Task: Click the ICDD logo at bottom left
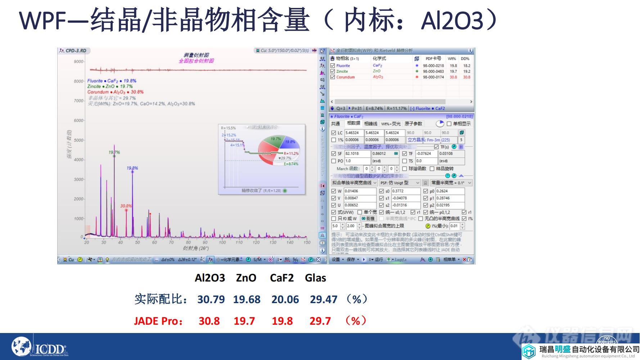(x=40, y=347)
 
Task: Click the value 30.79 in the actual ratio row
(x=211, y=299)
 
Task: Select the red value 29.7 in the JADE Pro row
(x=320, y=321)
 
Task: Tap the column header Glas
(x=315, y=278)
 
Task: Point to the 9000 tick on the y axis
(x=78, y=62)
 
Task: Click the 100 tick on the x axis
(x=222, y=243)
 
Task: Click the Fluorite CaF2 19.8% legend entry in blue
(x=112, y=81)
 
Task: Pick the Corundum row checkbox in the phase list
(x=333, y=77)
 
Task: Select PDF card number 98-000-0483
(x=433, y=71)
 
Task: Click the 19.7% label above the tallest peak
(x=114, y=152)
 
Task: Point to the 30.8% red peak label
(x=126, y=206)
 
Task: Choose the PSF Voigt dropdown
(x=400, y=183)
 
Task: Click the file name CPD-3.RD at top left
(x=76, y=51)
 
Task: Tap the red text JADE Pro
(x=158, y=321)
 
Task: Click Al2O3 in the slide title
(x=452, y=21)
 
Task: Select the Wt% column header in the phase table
(x=452, y=58)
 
